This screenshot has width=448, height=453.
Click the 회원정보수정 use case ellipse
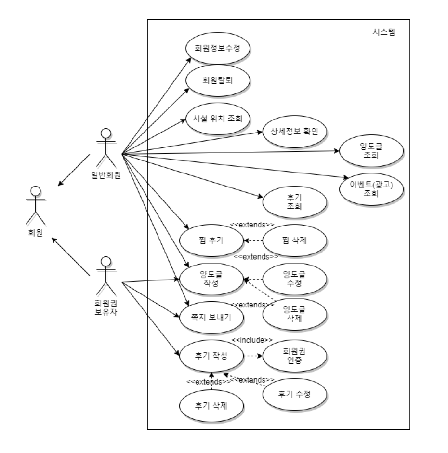pyautogui.click(x=218, y=48)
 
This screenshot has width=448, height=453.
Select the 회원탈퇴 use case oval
pyautogui.click(x=218, y=80)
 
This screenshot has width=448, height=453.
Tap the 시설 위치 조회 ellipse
pyautogui.click(x=218, y=119)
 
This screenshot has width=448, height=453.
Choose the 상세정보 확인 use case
pyautogui.click(x=294, y=132)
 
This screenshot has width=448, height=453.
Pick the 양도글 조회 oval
pyautogui.click(x=371, y=151)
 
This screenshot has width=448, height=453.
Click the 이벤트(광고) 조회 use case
pyautogui.click(x=371, y=189)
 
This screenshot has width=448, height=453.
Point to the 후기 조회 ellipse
pyautogui.click(x=294, y=202)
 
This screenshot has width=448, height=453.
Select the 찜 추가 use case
pyautogui.click(x=211, y=240)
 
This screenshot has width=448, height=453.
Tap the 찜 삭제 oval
pyautogui.click(x=294, y=240)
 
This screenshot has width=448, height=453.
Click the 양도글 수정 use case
pyautogui.click(x=294, y=279)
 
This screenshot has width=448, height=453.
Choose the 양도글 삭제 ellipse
pyautogui.click(x=294, y=314)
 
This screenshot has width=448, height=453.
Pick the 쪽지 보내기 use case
pyautogui.click(x=211, y=317)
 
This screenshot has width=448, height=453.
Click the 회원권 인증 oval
pyautogui.click(x=294, y=356)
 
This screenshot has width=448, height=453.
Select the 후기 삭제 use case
pyautogui.click(x=211, y=406)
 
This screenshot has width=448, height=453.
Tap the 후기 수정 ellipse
pyautogui.click(x=294, y=394)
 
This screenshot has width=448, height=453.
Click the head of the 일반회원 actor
pyautogui.click(x=106, y=133)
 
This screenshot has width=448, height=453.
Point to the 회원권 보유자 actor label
pyautogui.click(x=106, y=307)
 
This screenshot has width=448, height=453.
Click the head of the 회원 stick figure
pyautogui.click(x=36, y=191)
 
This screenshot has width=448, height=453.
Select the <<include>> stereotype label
pyautogui.click(x=252, y=340)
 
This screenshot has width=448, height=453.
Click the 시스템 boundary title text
pyautogui.click(x=383, y=32)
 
